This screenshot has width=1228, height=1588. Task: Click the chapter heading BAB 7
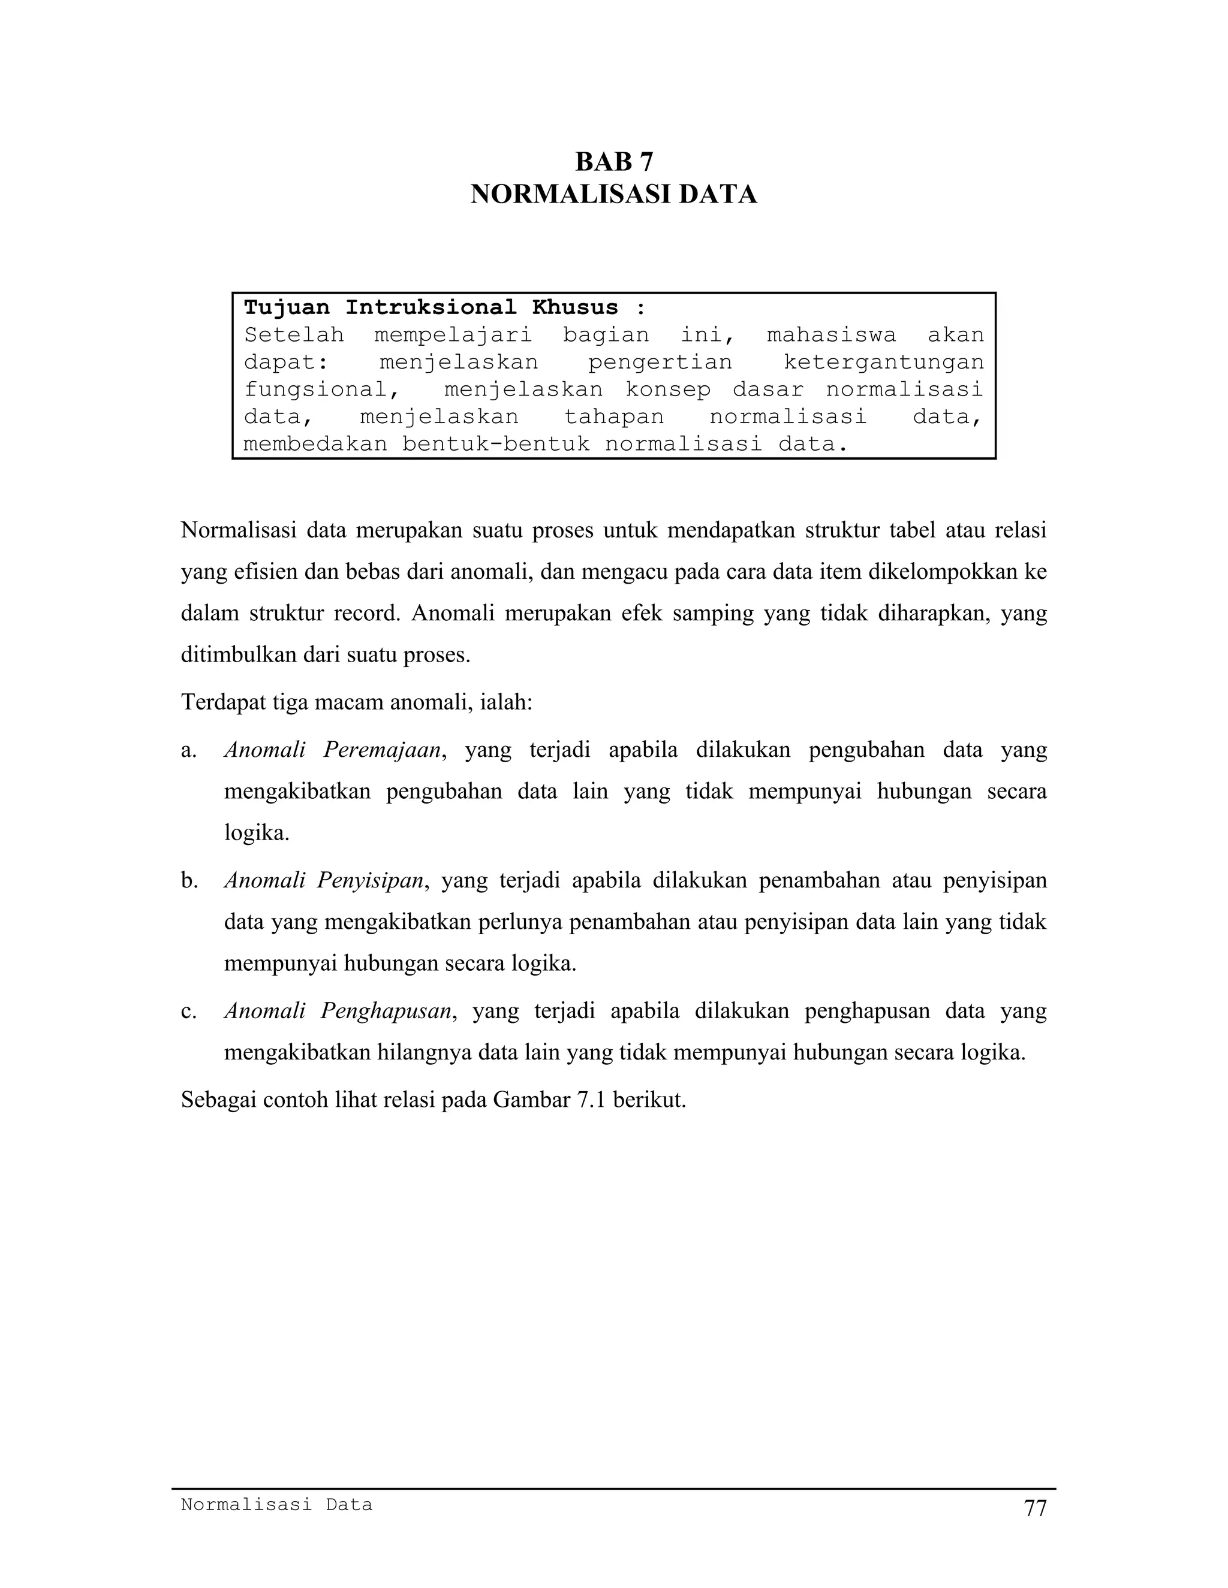pyautogui.click(x=613, y=161)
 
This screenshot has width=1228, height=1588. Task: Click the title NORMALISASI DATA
pyautogui.click(x=613, y=195)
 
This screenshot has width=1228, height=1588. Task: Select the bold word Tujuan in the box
pyautogui.click(x=287, y=307)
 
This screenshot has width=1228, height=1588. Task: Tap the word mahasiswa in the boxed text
pyautogui.click(x=832, y=335)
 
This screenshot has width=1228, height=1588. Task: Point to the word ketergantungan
pyautogui.click(x=883, y=362)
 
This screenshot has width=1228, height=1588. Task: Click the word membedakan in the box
pyautogui.click(x=315, y=443)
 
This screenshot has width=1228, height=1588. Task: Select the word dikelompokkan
pyautogui.click(x=943, y=572)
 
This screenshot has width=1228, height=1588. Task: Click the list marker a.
pyautogui.click(x=188, y=750)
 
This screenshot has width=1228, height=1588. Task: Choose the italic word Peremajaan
pyautogui.click(x=382, y=750)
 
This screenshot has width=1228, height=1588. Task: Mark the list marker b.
pyautogui.click(x=189, y=880)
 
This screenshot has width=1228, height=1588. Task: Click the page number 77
pyautogui.click(x=1034, y=1508)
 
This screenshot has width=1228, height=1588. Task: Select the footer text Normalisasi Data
pyautogui.click(x=276, y=1504)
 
